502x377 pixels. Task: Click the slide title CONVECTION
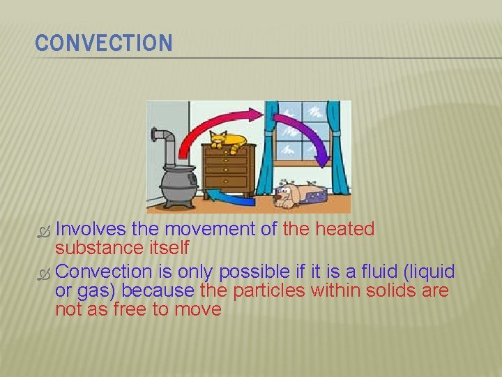103,43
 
